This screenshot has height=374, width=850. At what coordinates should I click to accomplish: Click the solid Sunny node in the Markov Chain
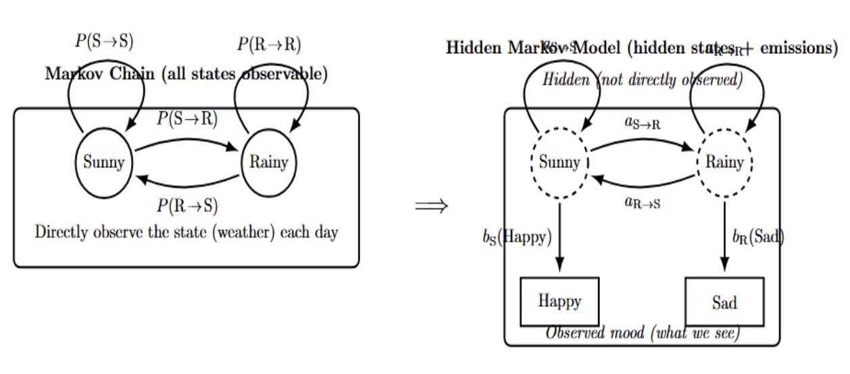point(103,162)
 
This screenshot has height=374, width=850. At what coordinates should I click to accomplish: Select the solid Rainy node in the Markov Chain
point(268,162)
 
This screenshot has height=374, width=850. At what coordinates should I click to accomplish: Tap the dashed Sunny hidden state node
point(559,162)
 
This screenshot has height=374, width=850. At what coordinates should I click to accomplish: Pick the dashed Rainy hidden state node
point(724,162)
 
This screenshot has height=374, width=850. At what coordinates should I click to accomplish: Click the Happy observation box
point(559,301)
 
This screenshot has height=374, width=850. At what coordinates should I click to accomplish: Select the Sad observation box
point(724,302)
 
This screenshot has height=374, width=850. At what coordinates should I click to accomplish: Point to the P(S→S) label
point(104,41)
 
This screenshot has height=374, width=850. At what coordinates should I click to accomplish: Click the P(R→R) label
point(269,45)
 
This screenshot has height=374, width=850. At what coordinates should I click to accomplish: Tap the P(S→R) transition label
point(187,119)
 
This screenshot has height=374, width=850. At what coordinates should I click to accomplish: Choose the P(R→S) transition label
point(187,205)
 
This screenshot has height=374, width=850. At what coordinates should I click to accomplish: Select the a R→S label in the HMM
point(643,201)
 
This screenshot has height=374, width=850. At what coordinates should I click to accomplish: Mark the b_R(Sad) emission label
point(758,237)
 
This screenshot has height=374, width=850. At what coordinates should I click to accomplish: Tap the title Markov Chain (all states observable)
point(186,74)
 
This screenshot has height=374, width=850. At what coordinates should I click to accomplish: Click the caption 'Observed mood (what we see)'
point(642,333)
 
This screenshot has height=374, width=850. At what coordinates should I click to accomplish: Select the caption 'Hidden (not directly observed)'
point(642,80)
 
